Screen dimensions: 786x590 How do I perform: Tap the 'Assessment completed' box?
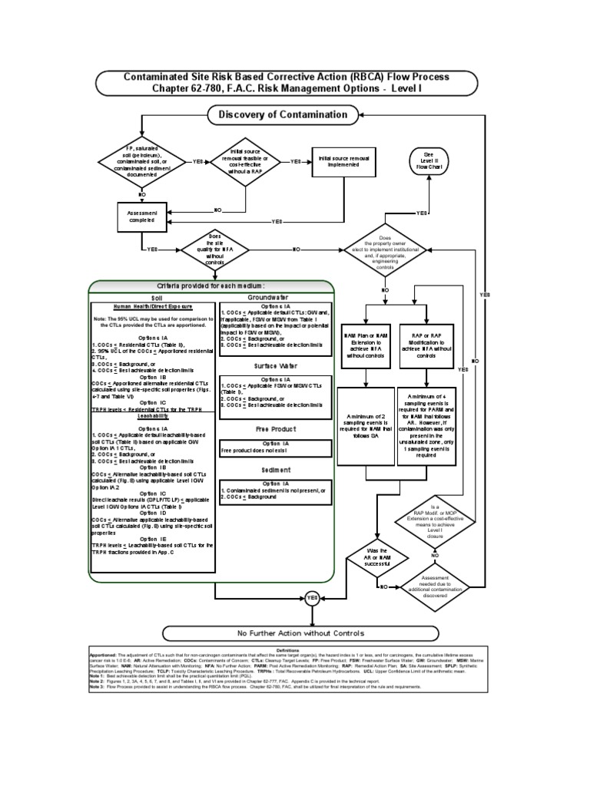[141, 216]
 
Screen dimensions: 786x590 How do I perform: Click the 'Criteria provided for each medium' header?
[212, 286]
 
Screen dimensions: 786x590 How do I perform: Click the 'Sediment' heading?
[275, 469]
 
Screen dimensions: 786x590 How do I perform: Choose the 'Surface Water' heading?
[275, 366]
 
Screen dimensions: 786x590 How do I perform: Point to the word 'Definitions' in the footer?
[297, 649]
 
